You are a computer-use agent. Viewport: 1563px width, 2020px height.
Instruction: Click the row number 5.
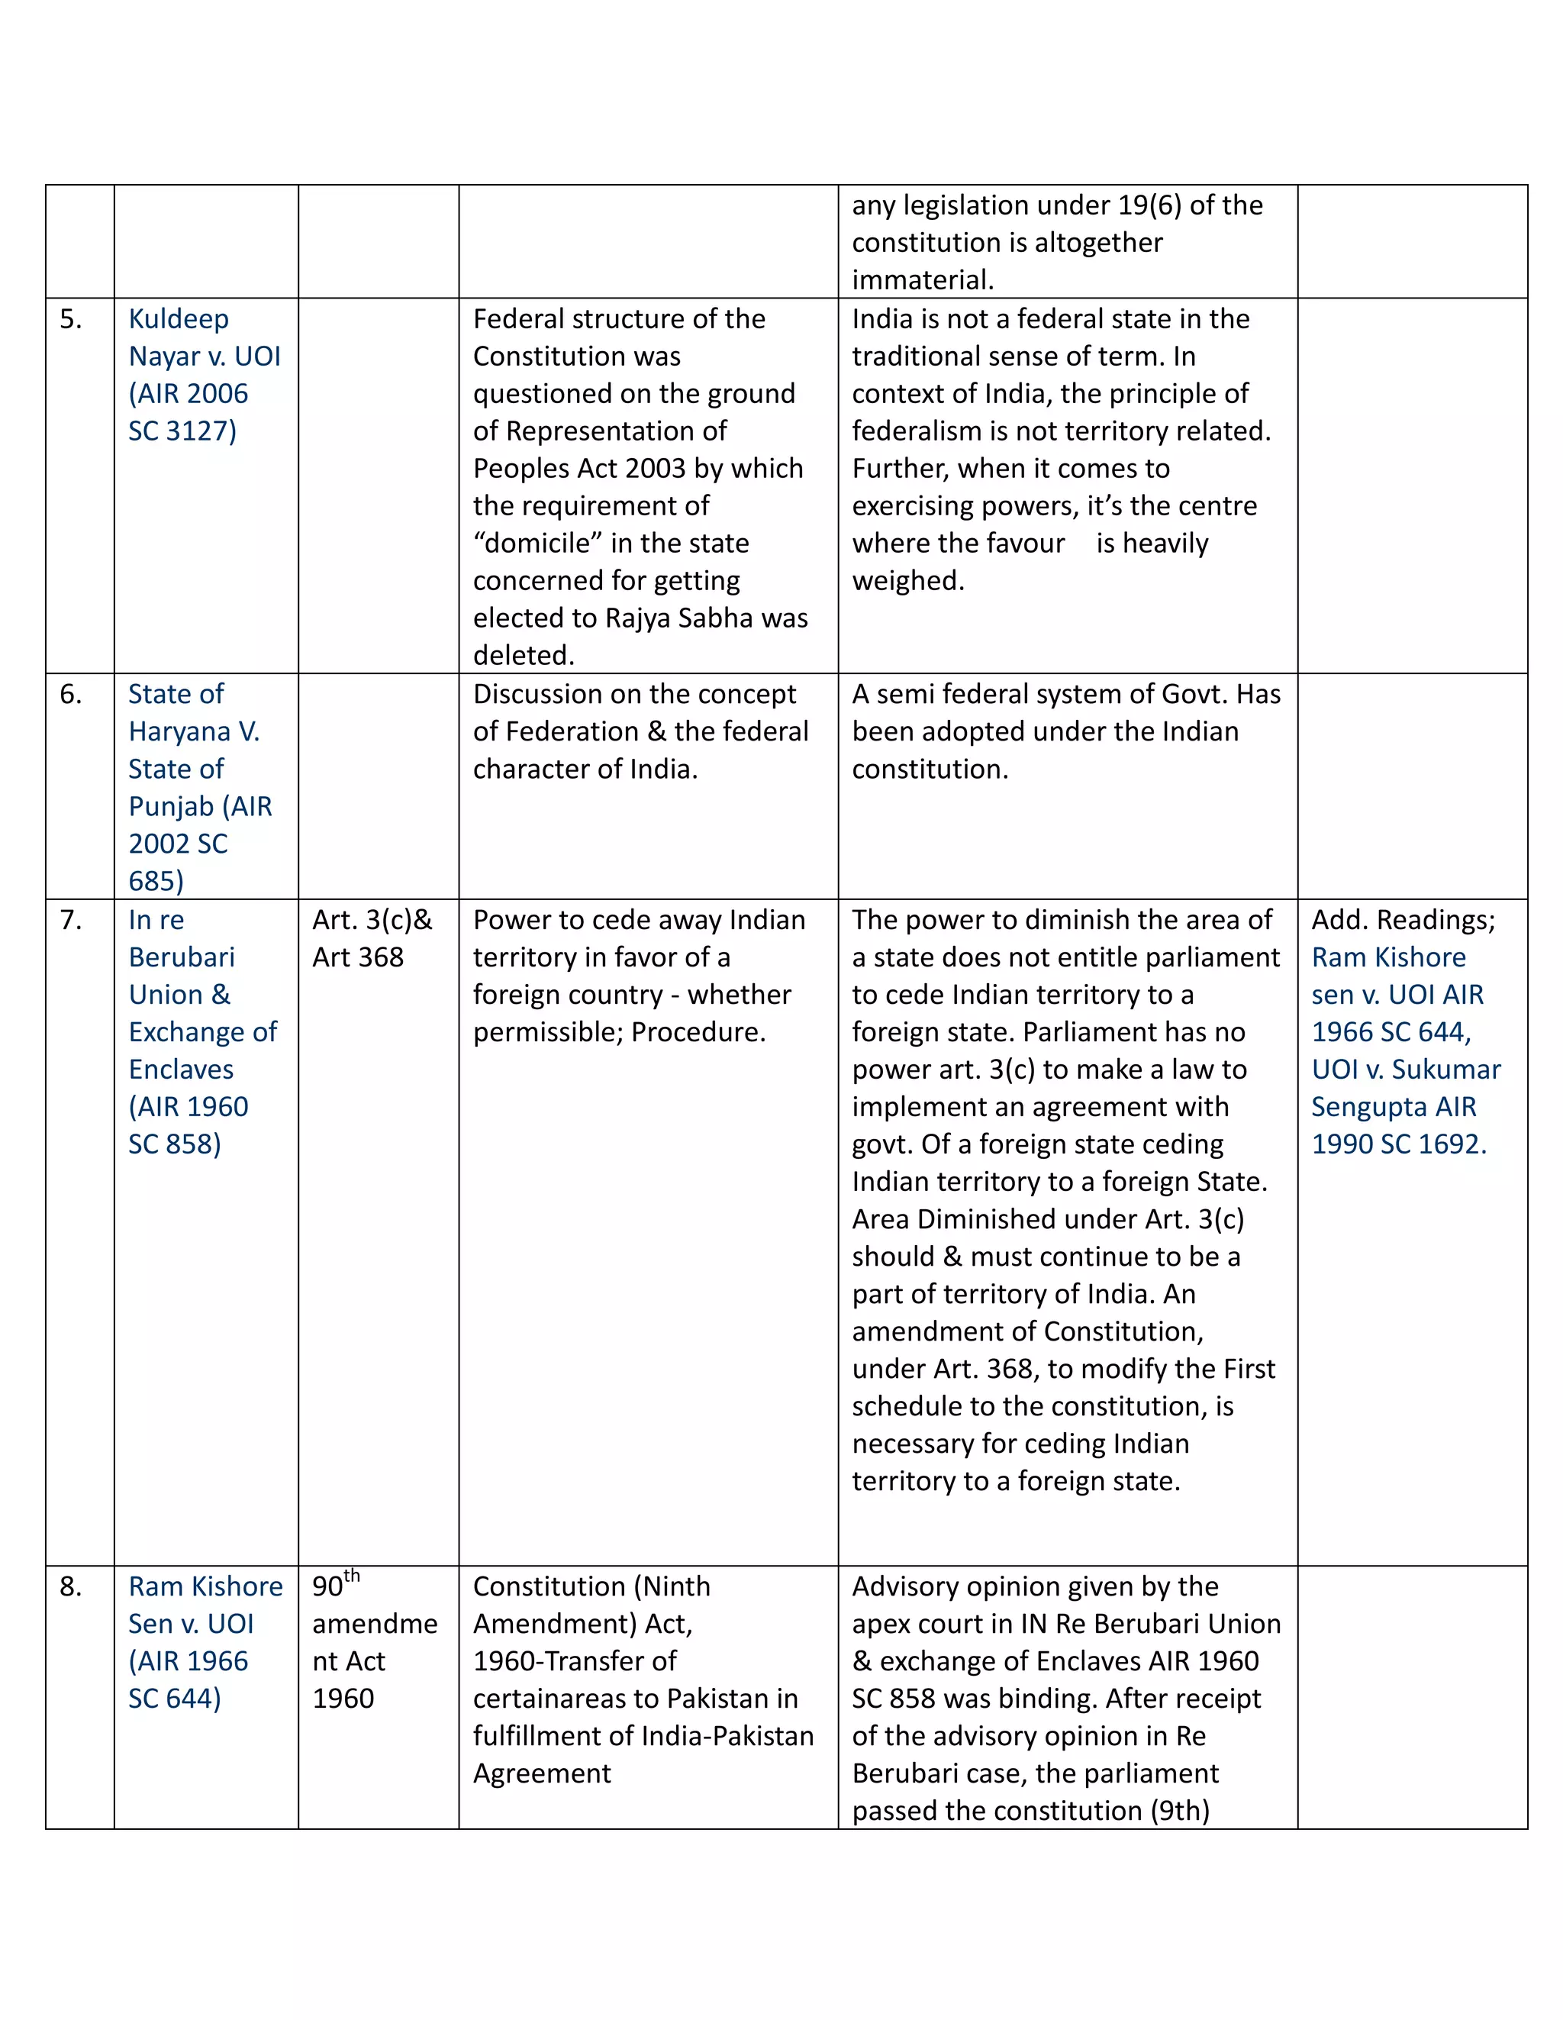(70, 320)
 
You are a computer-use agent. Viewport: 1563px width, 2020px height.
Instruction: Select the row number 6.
(70, 695)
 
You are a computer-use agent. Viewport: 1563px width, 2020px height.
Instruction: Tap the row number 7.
(70, 920)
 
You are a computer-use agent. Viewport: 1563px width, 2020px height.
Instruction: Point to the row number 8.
(70, 1587)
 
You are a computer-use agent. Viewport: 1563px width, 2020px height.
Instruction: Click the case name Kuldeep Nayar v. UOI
(205, 356)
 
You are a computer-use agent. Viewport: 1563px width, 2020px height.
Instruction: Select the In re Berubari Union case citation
(201, 1031)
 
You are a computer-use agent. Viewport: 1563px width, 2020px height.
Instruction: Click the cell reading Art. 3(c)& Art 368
(372, 939)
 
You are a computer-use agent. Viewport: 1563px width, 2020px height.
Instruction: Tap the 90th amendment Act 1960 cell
(374, 1643)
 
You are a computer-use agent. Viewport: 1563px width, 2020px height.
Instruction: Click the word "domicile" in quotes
(533, 544)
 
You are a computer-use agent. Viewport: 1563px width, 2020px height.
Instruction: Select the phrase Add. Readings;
(1402, 920)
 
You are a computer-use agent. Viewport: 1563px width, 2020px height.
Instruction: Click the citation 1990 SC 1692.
(1398, 1144)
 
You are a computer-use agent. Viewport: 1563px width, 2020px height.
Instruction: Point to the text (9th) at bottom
(1179, 1811)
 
